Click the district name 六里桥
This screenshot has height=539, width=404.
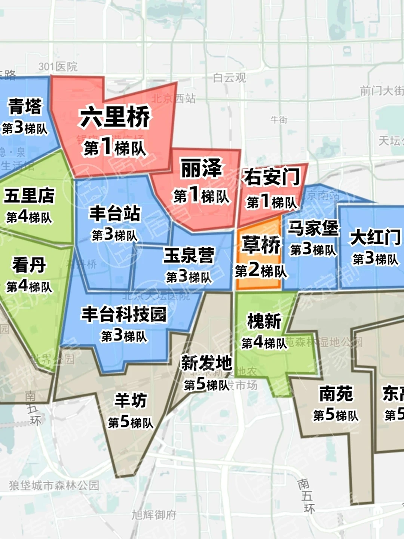[115, 117]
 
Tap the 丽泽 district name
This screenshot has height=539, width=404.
[201, 169]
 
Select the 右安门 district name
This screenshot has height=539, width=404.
[272, 177]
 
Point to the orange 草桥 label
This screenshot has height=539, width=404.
[261, 245]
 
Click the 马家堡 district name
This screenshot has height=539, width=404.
[313, 228]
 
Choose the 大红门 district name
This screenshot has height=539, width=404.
[375, 237]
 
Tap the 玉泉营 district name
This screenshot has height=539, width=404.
[189, 255]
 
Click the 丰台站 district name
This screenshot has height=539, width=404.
[114, 214]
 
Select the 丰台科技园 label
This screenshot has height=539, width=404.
[124, 314]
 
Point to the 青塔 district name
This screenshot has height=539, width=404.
[25, 106]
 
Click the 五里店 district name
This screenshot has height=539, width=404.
[29, 196]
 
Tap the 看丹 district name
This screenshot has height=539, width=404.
[29, 265]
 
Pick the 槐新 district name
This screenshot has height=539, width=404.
[264, 321]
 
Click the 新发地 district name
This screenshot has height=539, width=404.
[206, 363]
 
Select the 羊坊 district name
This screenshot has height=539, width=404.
[131, 401]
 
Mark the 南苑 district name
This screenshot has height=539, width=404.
[336, 394]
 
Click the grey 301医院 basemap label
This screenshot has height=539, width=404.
[58, 67]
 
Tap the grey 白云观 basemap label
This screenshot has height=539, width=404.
[229, 78]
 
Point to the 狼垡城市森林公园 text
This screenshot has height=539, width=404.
[54, 485]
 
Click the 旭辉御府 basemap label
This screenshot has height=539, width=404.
[154, 515]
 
